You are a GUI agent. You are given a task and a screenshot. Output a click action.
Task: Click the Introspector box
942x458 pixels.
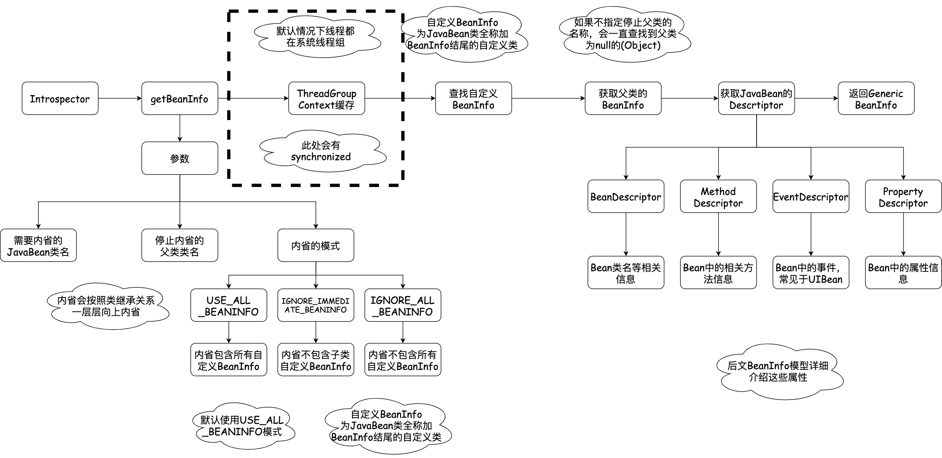[x=60, y=98]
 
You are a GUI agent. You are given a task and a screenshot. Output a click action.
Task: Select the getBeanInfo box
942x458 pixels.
[x=180, y=98]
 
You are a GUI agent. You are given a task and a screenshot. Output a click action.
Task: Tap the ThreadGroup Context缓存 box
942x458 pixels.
[x=326, y=98]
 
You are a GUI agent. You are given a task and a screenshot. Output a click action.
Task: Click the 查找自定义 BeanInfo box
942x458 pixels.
[x=473, y=98]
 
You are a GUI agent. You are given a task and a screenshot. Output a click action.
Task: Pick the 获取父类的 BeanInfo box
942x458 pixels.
[x=623, y=98]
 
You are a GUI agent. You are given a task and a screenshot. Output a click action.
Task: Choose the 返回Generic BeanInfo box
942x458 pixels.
[x=876, y=98]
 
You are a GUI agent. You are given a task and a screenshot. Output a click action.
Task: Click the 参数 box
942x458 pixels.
[x=180, y=158]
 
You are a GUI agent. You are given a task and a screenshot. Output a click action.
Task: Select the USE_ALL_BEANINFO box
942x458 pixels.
[x=229, y=305]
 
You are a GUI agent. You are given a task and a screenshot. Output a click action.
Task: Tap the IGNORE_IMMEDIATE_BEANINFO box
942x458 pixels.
[x=316, y=305]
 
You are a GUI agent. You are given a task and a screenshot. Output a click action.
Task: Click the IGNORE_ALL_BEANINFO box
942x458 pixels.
[x=403, y=305]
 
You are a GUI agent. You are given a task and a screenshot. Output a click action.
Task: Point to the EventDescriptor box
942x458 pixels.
[x=811, y=196]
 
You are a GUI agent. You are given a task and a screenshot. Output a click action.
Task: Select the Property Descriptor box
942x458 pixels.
[x=903, y=196]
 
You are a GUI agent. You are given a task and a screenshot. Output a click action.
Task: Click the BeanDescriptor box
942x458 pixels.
[x=626, y=196]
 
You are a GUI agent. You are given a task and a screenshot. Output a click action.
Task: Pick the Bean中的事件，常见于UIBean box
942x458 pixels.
[x=811, y=273]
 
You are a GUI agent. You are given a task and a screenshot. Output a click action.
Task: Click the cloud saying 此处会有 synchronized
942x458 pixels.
[x=321, y=151]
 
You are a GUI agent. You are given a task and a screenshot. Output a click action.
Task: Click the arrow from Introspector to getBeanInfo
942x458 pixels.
[x=120, y=98]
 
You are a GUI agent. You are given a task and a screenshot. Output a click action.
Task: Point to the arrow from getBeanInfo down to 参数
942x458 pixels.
[x=180, y=128]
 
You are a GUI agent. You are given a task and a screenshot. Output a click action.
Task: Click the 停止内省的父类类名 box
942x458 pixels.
[x=180, y=245]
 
